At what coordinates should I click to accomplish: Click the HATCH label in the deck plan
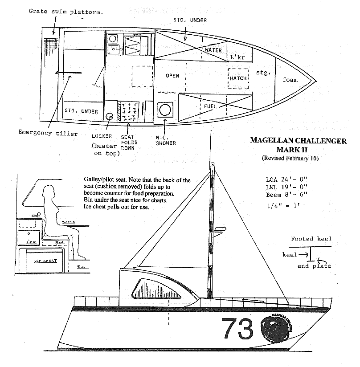[x=238, y=78]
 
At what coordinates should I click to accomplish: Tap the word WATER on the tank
[x=213, y=50]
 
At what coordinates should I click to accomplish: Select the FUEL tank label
[x=210, y=107]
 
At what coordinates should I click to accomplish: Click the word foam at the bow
[x=290, y=80]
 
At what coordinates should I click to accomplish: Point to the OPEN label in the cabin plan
[x=172, y=76]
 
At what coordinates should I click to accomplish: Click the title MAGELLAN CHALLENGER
[x=298, y=141]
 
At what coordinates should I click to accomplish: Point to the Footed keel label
[x=311, y=239]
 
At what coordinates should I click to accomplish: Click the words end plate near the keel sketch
[x=315, y=266]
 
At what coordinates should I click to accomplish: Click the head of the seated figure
[x=48, y=193]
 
